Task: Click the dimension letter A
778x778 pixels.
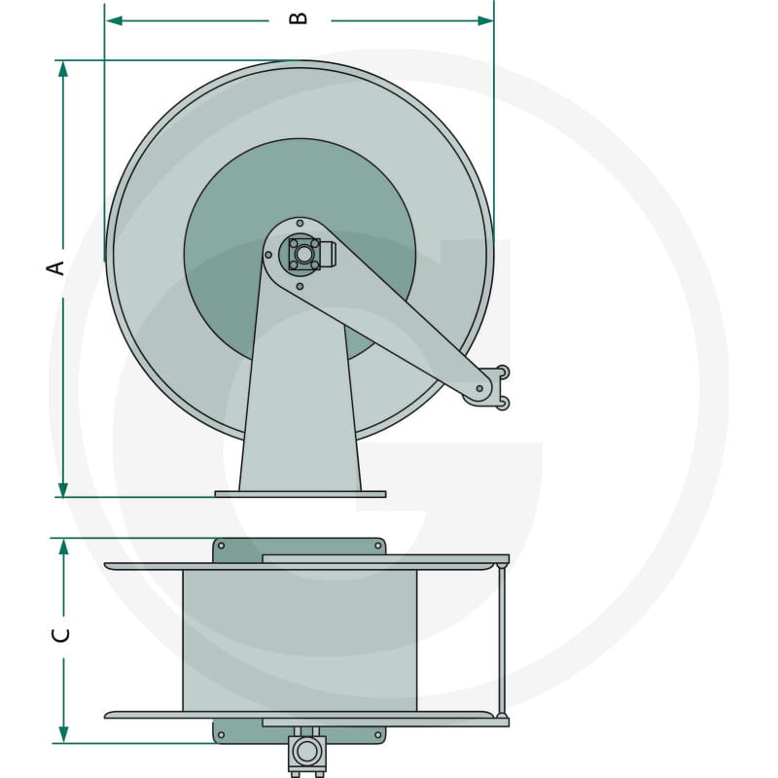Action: [57, 265]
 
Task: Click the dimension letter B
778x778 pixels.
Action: [299, 18]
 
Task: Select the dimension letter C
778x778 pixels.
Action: [62, 635]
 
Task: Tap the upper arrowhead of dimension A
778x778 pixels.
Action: [63, 69]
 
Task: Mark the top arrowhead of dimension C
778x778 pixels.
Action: [63, 547]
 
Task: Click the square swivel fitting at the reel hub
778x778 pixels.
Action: [304, 255]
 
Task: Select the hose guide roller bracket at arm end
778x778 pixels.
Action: [496, 386]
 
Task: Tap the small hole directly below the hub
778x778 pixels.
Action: [300, 286]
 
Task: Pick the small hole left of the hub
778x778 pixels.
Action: [268, 255]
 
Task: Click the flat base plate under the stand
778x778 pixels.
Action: [300, 494]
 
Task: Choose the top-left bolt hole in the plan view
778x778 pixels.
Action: [221, 546]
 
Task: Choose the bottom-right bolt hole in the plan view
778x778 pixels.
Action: [377, 736]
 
